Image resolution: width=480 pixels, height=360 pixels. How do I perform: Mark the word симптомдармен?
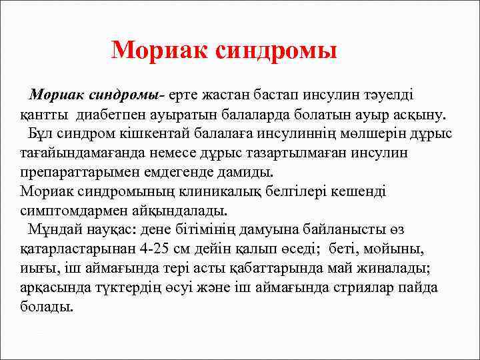(x=71, y=211)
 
